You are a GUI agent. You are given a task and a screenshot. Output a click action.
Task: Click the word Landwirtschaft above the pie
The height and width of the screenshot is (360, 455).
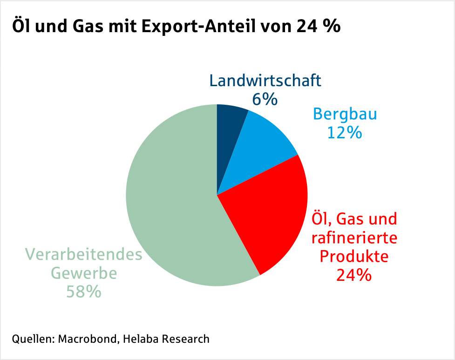(265, 81)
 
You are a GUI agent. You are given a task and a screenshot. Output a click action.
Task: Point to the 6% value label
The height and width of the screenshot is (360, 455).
(265, 99)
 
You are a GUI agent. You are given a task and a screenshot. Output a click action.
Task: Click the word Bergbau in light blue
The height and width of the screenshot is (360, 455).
(345, 114)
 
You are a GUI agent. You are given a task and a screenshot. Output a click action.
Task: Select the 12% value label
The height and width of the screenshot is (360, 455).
(345, 133)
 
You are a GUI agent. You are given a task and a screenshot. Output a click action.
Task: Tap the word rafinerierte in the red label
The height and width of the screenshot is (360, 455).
(354, 238)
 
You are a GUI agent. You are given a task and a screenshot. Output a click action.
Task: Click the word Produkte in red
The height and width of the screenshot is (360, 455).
(354, 256)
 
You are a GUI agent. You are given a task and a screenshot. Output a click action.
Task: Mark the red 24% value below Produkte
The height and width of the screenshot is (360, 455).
(354, 275)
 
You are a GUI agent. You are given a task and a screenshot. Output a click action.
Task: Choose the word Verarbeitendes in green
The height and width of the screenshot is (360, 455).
(83, 255)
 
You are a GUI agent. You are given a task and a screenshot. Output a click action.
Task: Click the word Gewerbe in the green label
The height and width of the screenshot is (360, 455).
(83, 273)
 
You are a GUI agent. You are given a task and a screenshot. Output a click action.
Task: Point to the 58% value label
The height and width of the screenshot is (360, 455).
(83, 292)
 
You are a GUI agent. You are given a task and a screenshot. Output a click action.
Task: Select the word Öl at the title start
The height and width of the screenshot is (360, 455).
(20, 27)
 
